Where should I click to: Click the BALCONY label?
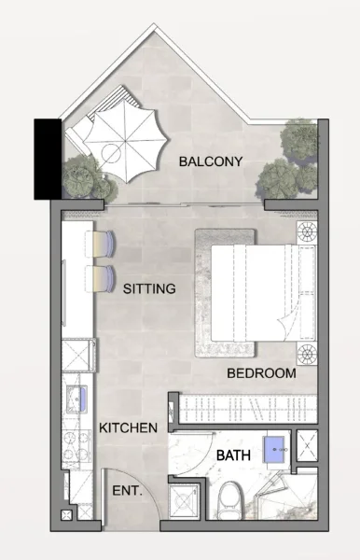(x=211, y=161)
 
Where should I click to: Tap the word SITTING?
(x=149, y=289)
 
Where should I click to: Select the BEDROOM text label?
(x=261, y=373)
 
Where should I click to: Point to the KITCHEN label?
(x=128, y=427)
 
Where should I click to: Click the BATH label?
(x=232, y=455)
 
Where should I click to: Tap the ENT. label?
(x=127, y=491)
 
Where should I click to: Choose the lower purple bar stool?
(x=101, y=277)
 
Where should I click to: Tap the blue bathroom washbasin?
(x=274, y=449)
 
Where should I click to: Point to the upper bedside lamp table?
(x=306, y=232)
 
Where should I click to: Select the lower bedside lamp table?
(x=306, y=353)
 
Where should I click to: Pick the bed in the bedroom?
(x=252, y=291)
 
